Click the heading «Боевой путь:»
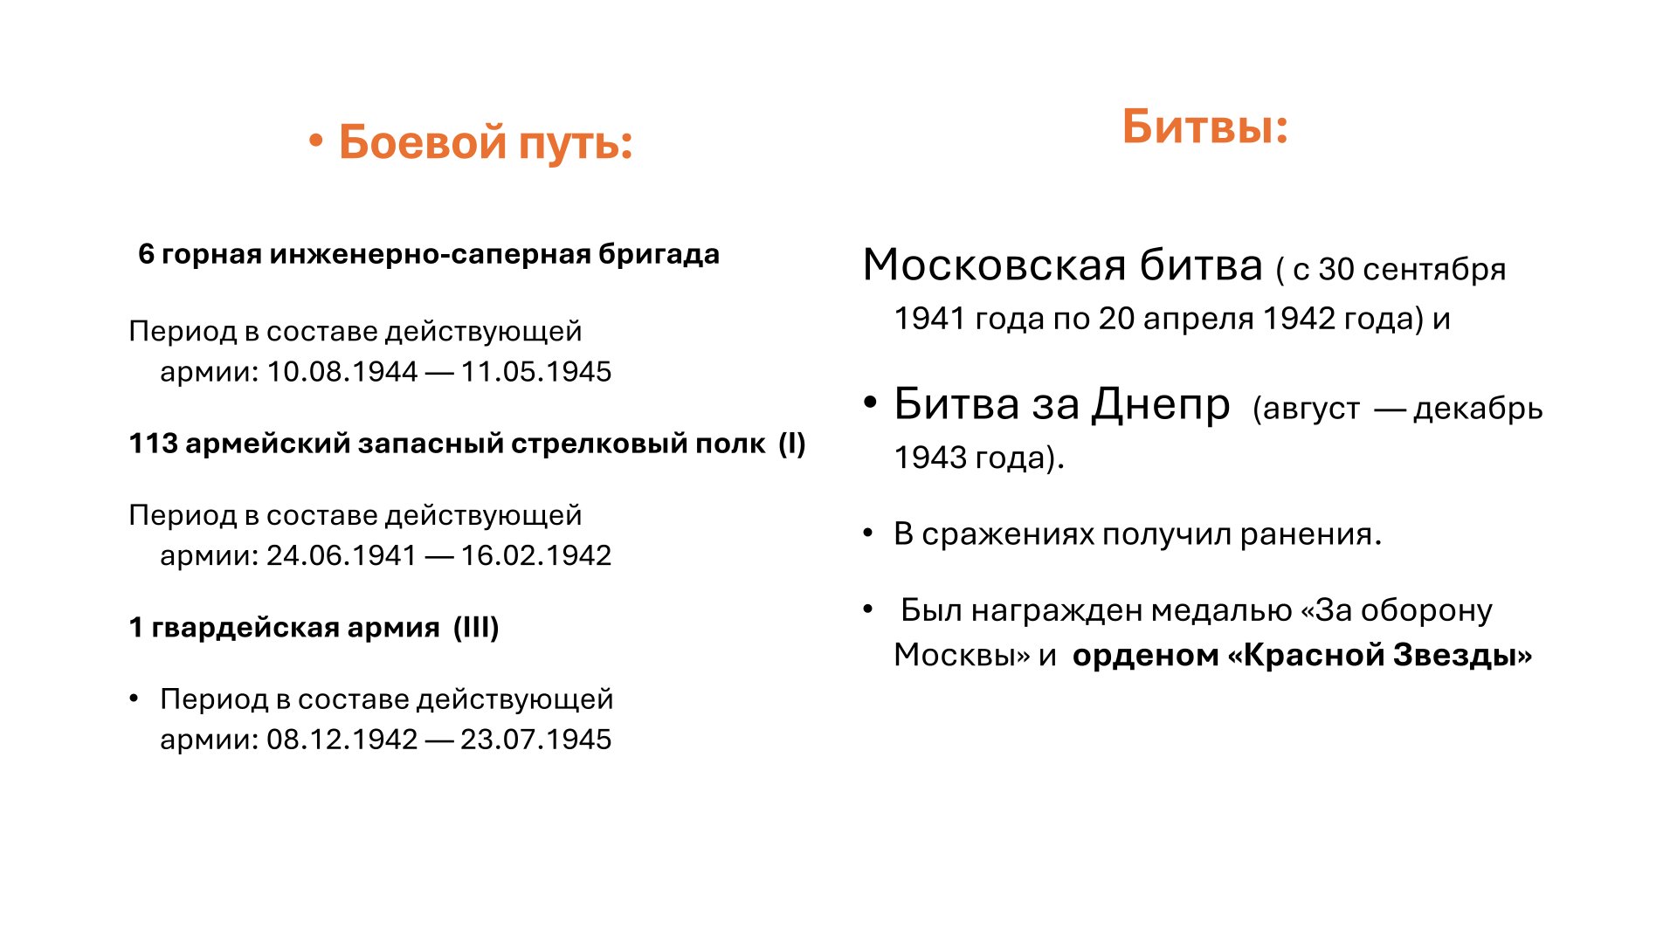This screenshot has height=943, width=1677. tap(486, 142)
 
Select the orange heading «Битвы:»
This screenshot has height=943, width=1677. tap(1205, 127)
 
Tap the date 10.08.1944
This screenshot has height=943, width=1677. tap(342, 372)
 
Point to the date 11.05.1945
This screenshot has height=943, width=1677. tap(536, 372)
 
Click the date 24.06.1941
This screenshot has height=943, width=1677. tap(342, 555)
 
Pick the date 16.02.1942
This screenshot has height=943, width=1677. tap(536, 555)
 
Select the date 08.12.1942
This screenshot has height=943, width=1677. tap(342, 740)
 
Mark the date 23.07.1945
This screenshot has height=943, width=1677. tap(536, 740)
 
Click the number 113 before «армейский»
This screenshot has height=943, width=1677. tap(153, 444)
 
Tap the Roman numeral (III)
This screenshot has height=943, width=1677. tap(476, 628)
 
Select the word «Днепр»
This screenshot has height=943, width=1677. tap(1162, 404)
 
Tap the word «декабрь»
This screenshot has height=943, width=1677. tap(1478, 408)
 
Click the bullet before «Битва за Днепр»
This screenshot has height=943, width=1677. tap(869, 404)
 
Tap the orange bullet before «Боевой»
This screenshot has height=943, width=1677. tap(316, 141)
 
